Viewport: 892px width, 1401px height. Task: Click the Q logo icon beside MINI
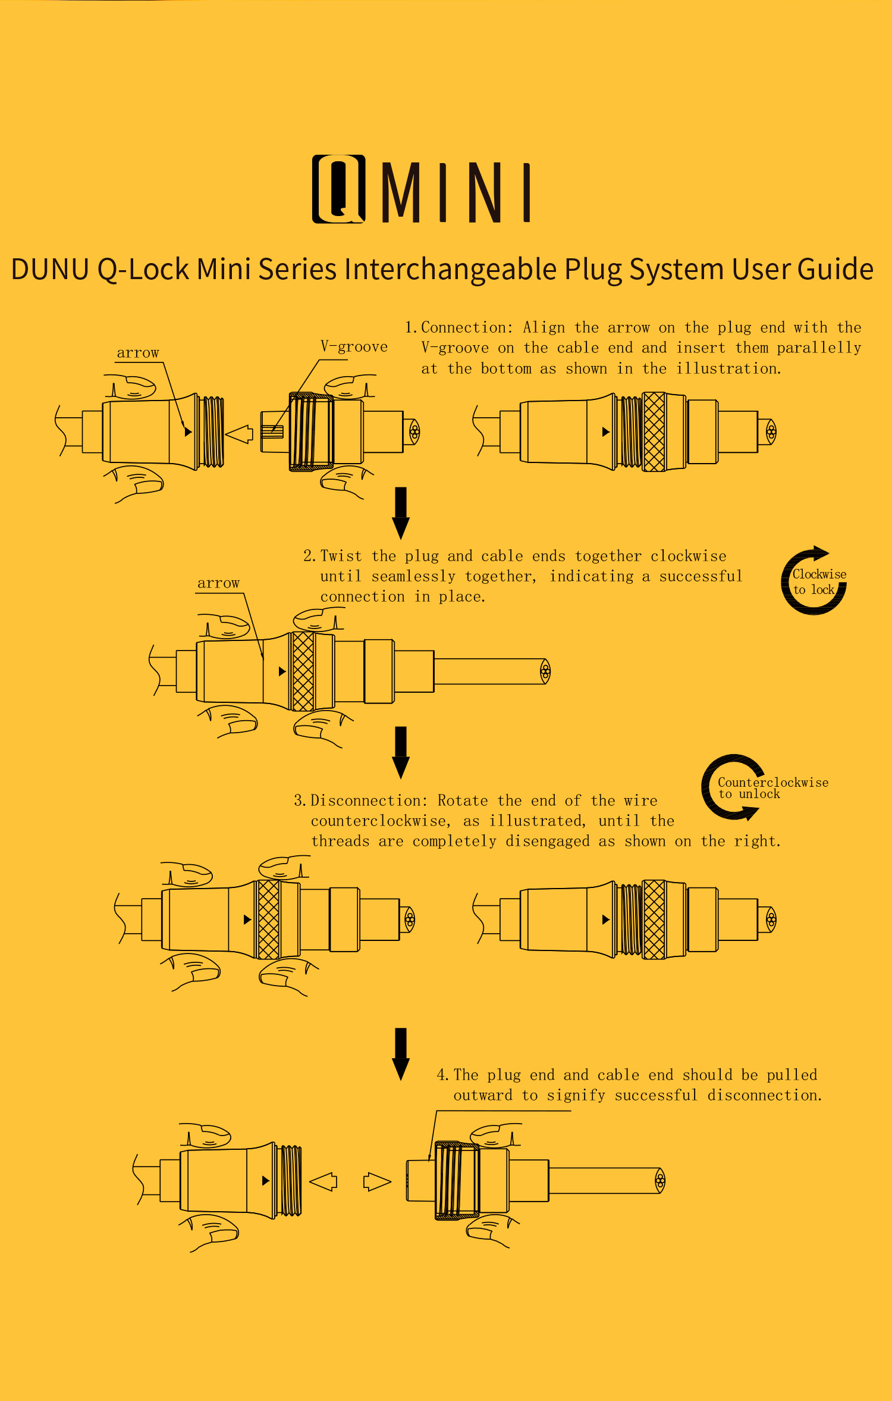[x=338, y=189]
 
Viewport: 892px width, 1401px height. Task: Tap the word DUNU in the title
[x=50, y=269]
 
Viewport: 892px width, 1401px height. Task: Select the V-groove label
[x=354, y=347]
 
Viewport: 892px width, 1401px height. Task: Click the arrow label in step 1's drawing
[x=138, y=353]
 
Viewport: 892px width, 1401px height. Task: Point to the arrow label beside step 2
[x=218, y=583]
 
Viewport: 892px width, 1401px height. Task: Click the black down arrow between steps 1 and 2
[x=401, y=512]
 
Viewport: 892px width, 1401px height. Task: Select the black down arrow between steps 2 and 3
[x=401, y=752]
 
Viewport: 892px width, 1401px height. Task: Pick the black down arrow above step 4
[x=401, y=1053]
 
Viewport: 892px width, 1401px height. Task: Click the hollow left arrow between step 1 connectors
[x=240, y=434]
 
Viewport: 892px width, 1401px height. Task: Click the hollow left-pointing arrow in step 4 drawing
[x=324, y=1181]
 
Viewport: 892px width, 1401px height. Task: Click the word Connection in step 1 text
[x=463, y=328]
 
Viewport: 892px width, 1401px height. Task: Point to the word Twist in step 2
[x=341, y=556]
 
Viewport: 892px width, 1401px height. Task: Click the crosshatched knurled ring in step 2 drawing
[x=303, y=671]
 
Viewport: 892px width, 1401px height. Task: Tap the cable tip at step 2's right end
[x=545, y=671]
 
